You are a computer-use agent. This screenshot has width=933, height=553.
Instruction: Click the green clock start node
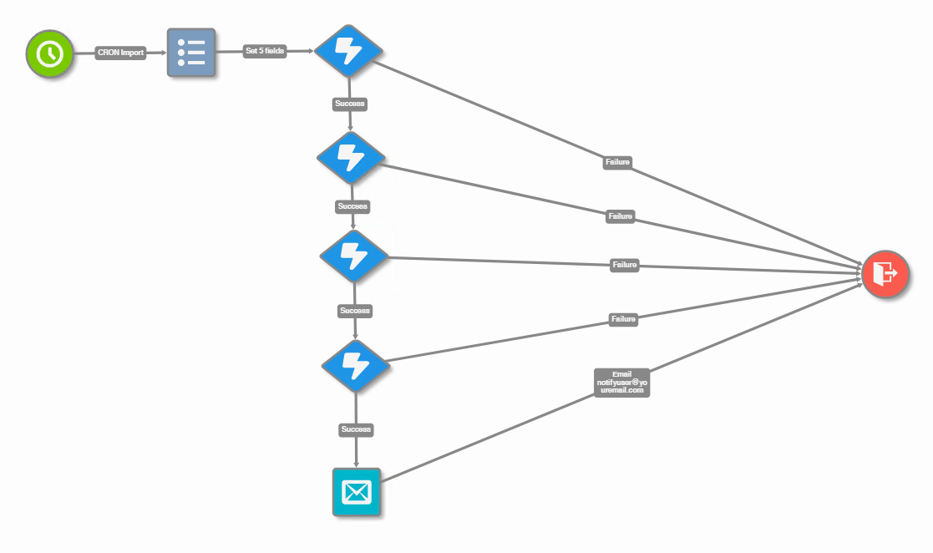(x=49, y=53)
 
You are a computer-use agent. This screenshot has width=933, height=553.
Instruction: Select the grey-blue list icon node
(x=191, y=53)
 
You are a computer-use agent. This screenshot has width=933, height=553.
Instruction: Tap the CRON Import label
(x=120, y=53)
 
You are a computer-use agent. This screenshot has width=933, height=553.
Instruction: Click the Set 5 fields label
(x=265, y=51)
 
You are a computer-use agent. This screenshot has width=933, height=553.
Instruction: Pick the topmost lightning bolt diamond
(x=349, y=52)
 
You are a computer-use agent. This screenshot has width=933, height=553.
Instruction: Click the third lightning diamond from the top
(x=354, y=256)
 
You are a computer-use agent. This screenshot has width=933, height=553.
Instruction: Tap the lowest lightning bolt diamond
(x=357, y=363)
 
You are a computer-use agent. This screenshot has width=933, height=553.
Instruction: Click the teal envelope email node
(x=357, y=492)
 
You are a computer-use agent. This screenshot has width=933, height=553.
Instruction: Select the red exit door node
(x=885, y=273)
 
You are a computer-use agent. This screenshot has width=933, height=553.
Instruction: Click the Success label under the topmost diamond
(x=350, y=104)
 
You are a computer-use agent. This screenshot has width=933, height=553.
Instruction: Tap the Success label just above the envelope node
(x=356, y=429)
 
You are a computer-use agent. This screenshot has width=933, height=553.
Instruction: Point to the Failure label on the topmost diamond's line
(x=617, y=162)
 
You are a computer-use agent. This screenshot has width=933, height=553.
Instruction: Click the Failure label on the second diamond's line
(x=621, y=216)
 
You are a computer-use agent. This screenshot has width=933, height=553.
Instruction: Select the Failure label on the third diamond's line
(x=625, y=265)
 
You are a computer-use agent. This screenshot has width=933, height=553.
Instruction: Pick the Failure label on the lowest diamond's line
(x=623, y=319)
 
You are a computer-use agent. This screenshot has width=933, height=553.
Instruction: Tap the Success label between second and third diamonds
(x=352, y=205)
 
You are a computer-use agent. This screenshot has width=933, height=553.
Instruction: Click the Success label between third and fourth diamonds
(x=355, y=311)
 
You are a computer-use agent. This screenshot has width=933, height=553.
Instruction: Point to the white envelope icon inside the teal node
(x=357, y=493)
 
